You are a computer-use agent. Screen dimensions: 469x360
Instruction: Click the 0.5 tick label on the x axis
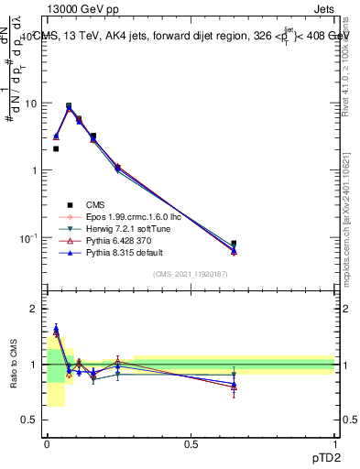coord(191,444)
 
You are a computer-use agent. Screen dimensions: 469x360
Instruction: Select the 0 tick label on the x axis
coord(47,444)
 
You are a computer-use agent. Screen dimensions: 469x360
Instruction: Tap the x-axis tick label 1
coord(334,444)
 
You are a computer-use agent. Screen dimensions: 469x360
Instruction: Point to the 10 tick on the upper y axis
coord(32,104)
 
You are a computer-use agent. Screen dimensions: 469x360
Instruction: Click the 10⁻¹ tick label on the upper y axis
coord(30,238)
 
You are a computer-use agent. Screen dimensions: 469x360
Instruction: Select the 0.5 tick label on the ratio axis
coord(32,420)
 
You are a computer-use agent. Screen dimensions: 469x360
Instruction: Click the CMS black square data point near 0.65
coord(234,244)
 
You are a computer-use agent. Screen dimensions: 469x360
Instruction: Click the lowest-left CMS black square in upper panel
coord(56,148)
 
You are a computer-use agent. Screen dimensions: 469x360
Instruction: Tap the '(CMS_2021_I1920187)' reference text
coord(190,274)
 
